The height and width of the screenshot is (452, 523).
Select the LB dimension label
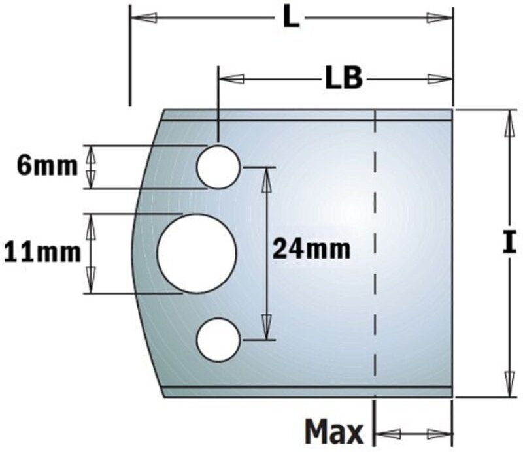(x=343, y=79)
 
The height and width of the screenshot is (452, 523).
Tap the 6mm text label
(x=47, y=166)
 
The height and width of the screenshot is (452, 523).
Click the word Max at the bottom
(x=333, y=432)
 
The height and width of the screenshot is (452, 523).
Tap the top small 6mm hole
(x=218, y=167)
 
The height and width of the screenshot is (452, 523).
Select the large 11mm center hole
(x=197, y=253)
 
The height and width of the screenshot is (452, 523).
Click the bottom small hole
(x=218, y=340)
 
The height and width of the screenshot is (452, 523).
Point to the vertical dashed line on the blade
(x=375, y=255)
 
